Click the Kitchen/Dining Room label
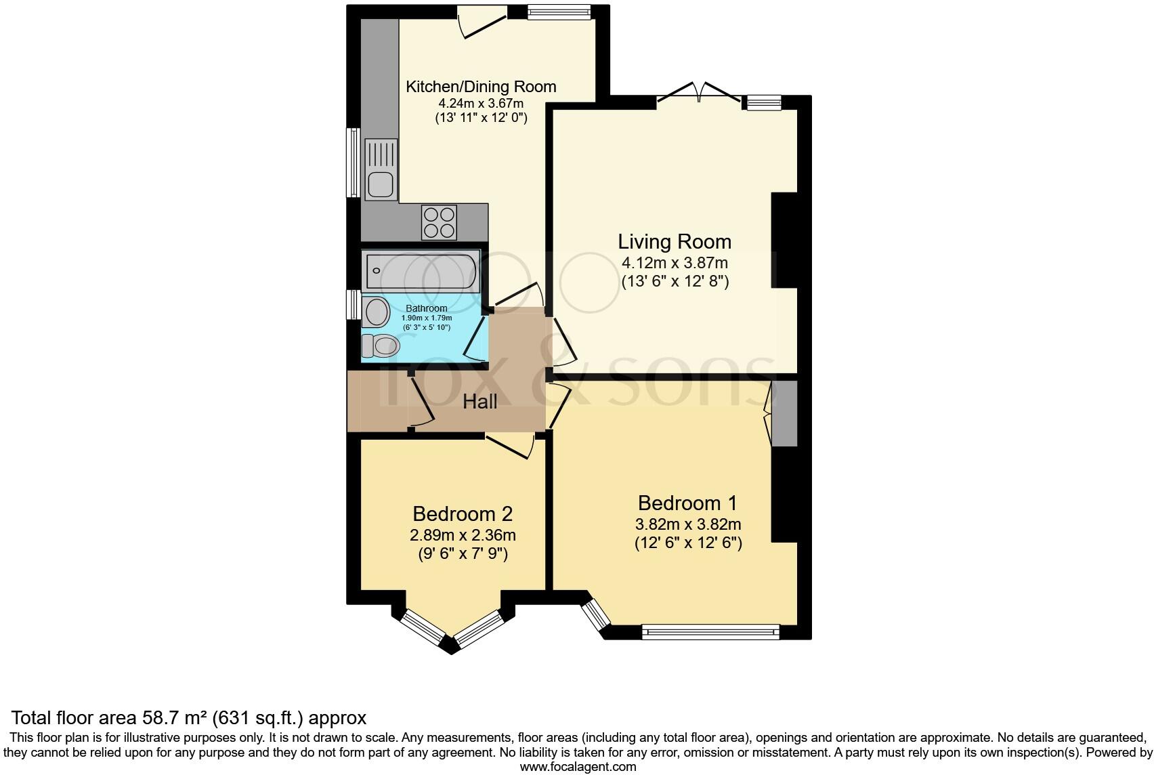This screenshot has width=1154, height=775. click(x=481, y=87)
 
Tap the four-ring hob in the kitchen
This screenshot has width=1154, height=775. click(x=439, y=222)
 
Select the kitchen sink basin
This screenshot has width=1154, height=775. click(x=381, y=184)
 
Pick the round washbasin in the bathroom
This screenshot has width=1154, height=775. click(x=375, y=312)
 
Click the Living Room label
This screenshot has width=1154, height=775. click(x=675, y=242)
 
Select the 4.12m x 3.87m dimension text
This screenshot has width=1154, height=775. click(x=675, y=263)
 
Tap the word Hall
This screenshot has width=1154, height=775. click(x=479, y=402)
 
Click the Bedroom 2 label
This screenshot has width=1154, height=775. click(x=463, y=514)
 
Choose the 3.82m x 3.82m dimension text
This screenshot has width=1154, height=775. click(x=687, y=524)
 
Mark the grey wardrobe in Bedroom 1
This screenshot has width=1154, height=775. click(x=785, y=413)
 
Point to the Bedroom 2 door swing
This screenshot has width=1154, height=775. click(x=512, y=447)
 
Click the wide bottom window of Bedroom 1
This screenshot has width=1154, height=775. click(x=710, y=633)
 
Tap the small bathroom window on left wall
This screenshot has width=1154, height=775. click(x=352, y=305)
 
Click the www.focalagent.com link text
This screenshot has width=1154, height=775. click(x=578, y=767)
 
